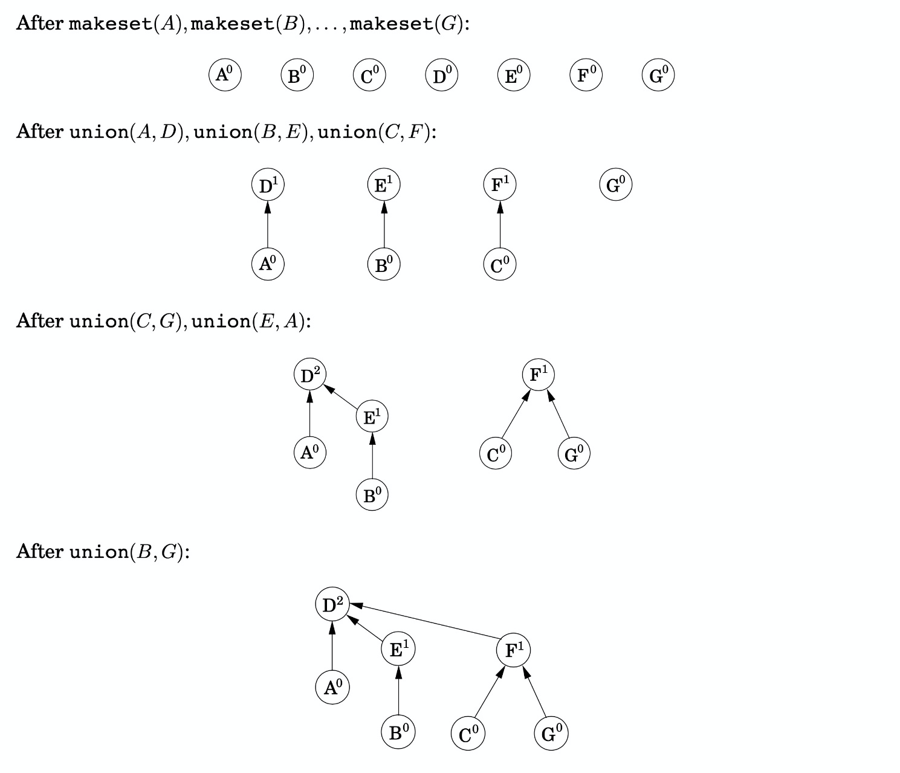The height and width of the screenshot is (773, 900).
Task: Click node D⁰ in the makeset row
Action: coord(441,76)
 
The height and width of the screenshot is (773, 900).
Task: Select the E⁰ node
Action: coord(514,76)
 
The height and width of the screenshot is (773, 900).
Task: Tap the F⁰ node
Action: coord(586,76)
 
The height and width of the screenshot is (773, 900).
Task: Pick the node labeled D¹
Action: coord(268,185)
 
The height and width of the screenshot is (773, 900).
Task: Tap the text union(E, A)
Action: coord(248,321)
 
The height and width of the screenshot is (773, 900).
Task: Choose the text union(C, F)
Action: coord(373,132)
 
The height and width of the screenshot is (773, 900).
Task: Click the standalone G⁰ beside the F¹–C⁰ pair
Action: coord(616,184)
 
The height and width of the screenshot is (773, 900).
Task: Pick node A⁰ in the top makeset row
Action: coord(225,75)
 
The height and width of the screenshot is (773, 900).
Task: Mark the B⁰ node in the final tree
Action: coord(398,733)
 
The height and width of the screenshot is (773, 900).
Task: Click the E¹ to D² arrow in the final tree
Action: coord(366,630)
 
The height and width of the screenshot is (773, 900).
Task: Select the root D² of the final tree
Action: coord(332,604)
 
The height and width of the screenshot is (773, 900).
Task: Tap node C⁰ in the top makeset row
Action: coord(369,76)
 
